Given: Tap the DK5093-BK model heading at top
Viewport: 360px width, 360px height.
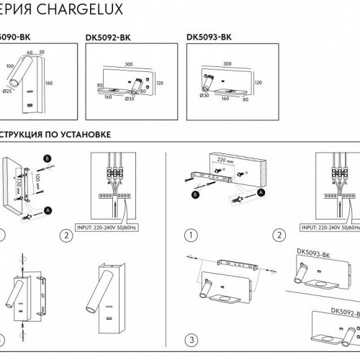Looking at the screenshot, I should (208, 38).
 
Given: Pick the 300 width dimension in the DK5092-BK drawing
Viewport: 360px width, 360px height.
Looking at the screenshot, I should (129, 63).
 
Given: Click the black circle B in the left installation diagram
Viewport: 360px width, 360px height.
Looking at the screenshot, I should (48, 157).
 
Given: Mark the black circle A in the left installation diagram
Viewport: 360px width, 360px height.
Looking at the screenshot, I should (48, 210).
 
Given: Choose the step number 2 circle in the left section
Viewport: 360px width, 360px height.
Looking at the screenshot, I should (66, 235).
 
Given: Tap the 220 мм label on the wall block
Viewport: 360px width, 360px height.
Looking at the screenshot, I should (225, 161).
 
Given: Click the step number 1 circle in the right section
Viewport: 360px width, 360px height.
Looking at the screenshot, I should (192, 235).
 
